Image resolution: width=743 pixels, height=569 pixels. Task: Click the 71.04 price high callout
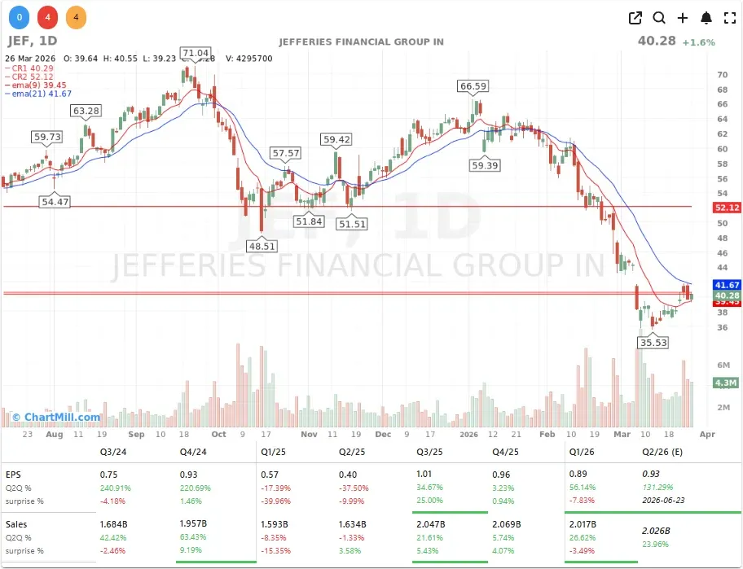coord(196,53)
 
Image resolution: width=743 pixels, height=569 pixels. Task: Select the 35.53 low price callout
coord(653,343)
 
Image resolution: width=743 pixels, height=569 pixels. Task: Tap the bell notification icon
coord(706,18)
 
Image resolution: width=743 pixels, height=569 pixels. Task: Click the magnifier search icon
coord(659,18)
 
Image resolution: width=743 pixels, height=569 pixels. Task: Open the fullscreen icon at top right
coord(730,18)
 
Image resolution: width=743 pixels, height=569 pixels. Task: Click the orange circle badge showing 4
coord(75,16)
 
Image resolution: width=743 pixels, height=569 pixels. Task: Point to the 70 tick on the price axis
coord(722,74)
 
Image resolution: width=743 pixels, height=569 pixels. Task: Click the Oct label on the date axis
coord(218,435)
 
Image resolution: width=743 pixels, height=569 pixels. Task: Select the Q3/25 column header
coord(429,450)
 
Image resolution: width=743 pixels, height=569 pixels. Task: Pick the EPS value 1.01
coord(424,474)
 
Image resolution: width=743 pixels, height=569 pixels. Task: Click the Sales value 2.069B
coord(508,525)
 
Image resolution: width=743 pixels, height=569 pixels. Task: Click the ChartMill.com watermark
coord(55,418)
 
